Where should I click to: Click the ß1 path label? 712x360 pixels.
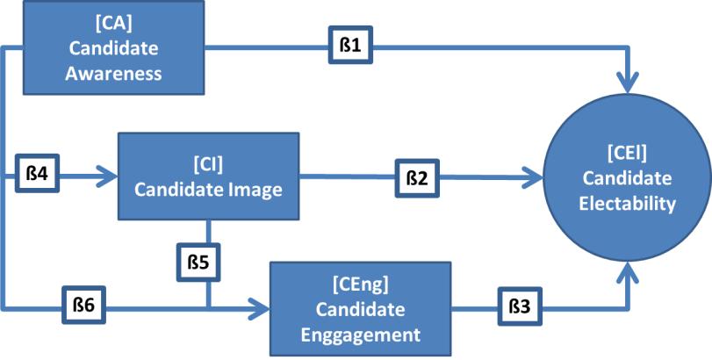(350, 46)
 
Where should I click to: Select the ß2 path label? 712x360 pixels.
(417, 178)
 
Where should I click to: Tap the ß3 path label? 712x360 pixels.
(520, 307)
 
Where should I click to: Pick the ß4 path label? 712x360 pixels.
(37, 174)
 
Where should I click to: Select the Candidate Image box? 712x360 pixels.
(207, 176)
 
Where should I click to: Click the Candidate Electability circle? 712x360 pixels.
(626, 178)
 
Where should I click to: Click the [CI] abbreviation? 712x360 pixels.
(208, 164)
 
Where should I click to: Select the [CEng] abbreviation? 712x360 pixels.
(360, 285)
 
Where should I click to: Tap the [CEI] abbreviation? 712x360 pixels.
(626, 154)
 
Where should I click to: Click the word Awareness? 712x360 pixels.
(113, 73)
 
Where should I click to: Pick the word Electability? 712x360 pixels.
(626, 205)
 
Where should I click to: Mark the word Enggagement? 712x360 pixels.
(360, 334)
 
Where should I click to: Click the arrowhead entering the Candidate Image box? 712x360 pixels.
(109, 176)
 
